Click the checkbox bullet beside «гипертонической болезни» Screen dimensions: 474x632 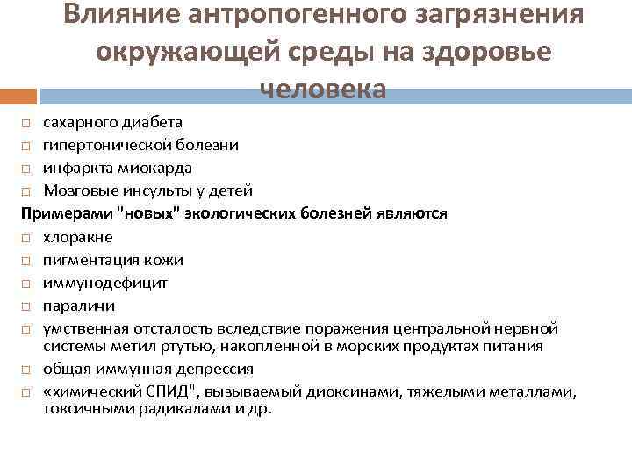point(26,145)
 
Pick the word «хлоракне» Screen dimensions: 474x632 point(77,237)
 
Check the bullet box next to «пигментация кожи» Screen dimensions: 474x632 point(26,261)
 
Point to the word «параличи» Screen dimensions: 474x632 point(78,305)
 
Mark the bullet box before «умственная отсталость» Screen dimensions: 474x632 point(26,329)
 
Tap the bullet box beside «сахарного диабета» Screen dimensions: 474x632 point(26,122)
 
